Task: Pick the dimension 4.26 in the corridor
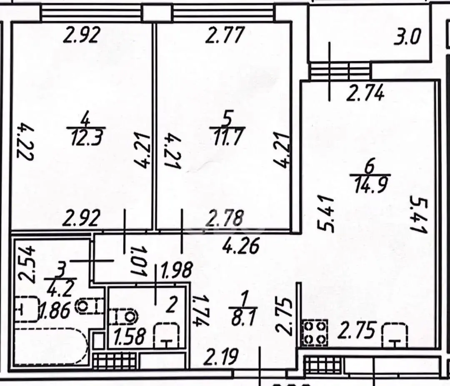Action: (x=241, y=245)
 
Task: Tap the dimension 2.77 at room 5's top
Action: (x=225, y=35)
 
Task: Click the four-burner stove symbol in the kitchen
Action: (x=314, y=332)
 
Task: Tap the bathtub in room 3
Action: (x=50, y=347)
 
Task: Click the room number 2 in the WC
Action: (x=171, y=305)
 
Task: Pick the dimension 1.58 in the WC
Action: (x=130, y=337)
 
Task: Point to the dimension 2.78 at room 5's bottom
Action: (x=225, y=218)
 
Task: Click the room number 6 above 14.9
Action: (x=370, y=167)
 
